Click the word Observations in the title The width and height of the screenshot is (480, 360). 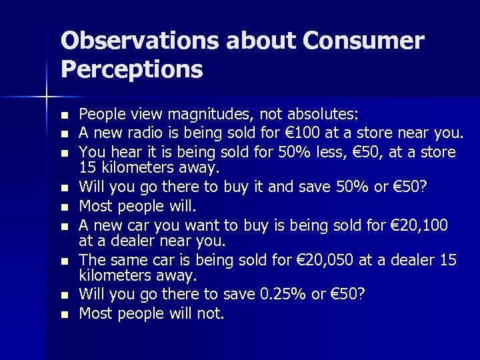pos(139,41)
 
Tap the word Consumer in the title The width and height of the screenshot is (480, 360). pos(363,41)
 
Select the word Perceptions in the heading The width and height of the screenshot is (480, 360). pos(131,69)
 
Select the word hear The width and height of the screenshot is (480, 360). pos(123,152)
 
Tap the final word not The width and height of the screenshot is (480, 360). pos(210,313)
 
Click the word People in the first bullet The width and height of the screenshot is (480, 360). pos(99,115)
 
